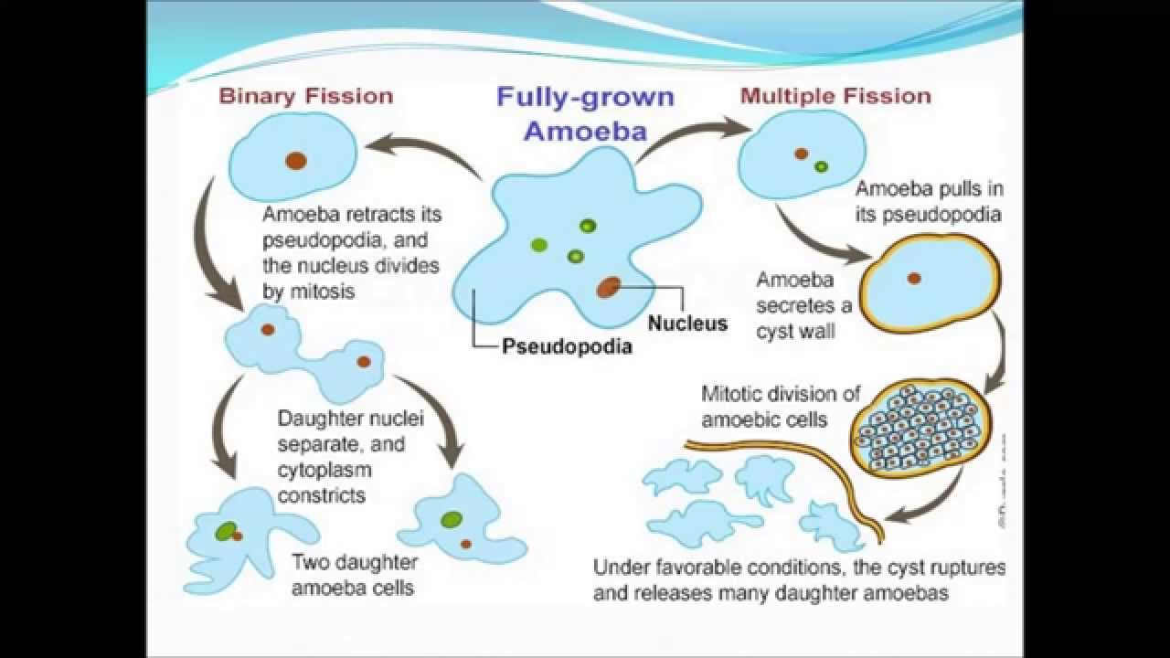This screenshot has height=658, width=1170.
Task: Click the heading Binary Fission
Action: [x=306, y=96]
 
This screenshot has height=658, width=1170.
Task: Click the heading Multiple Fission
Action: [x=835, y=96]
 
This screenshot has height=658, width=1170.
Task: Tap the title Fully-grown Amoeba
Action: [x=585, y=113]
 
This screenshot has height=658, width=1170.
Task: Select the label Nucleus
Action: [x=687, y=323]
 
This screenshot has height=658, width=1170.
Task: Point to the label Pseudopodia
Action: [x=567, y=347]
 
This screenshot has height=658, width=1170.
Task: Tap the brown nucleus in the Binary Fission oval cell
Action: [x=295, y=161]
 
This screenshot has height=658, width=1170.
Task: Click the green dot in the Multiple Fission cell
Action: [x=821, y=166]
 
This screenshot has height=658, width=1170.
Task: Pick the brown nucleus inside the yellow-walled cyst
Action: [x=913, y=278]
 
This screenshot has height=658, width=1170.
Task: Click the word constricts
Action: [x=322, y=495]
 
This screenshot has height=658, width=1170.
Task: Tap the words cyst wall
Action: [x=795, y=331]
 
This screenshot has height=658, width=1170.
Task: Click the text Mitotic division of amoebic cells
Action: [x=781, y=407]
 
